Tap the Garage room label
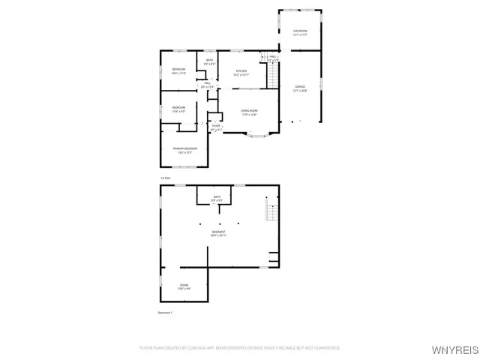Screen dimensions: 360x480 coord(299,88)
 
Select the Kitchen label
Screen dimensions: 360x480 coord(241,73)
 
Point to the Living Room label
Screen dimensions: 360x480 coord(250,112)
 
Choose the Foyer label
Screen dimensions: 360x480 coord(216,128)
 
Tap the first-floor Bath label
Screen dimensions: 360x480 coord(210,62)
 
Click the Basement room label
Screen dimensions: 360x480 coord(218,234)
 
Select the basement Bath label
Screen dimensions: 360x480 coord(217,198)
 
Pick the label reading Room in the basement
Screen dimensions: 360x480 coord(184,286)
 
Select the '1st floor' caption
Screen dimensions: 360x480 coord(165,177)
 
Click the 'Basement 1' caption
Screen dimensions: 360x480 coord(165,312)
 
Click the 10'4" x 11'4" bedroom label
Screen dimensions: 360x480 coord(178,72)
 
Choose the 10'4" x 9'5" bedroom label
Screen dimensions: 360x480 coord(178,109)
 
